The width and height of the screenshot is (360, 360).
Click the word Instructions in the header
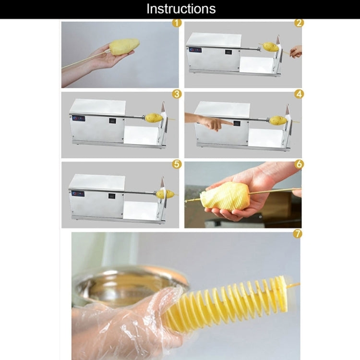coord(181,9)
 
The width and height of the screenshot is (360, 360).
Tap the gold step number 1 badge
coord(177,23)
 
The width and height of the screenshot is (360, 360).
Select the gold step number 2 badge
coord(299,23)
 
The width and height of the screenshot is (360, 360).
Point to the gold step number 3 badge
coord(177,94)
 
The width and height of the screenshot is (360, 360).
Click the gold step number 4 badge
coord(299,94)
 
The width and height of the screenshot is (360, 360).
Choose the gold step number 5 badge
coord(177,164)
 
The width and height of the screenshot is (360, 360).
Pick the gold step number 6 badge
coord(299,164)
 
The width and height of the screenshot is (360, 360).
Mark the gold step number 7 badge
coord(298,234)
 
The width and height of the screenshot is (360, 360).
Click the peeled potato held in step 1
coord(124,47)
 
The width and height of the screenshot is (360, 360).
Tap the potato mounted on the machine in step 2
coord(271,47)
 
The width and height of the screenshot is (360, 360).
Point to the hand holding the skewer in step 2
coord(296,52)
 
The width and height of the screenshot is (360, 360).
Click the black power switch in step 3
coord(112,121)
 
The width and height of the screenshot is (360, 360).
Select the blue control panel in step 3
coord(79,119)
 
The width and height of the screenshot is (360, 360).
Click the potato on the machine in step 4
coord(278,120)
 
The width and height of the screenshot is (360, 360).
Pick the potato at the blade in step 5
coord(165,194)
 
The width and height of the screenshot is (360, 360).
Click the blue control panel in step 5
coord(78,193)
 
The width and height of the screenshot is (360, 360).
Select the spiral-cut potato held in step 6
coord(225,196)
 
